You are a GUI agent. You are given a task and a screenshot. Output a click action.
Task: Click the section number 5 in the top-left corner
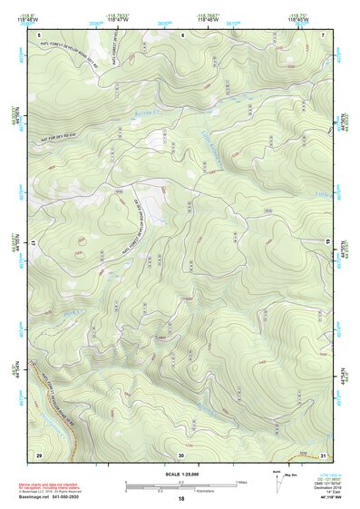39,34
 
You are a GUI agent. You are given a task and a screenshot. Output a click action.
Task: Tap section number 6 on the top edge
182,34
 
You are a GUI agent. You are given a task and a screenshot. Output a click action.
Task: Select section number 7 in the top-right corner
323,34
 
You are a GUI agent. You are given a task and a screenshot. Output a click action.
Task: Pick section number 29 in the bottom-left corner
39,454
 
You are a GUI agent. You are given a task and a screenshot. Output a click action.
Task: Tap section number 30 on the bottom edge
181,454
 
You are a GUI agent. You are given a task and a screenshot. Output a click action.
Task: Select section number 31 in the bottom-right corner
323,454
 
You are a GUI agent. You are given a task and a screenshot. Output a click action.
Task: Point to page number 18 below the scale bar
181,499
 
